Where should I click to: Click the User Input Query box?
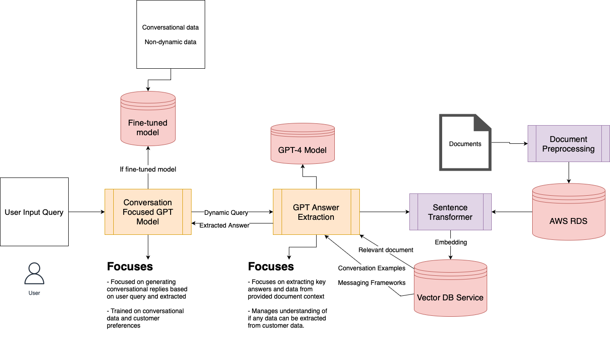(x=34, y=212)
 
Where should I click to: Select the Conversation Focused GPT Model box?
(x=148, y=212)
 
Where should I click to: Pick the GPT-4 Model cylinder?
(x=302, y=146)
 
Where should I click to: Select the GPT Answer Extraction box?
(x=316, y=212)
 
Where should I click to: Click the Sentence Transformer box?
(x=450, y=212)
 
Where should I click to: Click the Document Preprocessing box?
(x=569, y=144)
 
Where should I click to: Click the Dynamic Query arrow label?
(x=226, y=213)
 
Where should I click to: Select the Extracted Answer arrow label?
(x=224, y=225)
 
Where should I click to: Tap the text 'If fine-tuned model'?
(x=148, y=169)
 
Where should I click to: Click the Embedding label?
(x=451, y=242)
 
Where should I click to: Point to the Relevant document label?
(x=386, y=250)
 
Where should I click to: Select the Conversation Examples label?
(x=372, y=268)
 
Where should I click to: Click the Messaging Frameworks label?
(x=372, y=283)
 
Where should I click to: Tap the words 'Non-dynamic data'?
(x=171, y=42)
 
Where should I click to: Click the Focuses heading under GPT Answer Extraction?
(x=271, y=266)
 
